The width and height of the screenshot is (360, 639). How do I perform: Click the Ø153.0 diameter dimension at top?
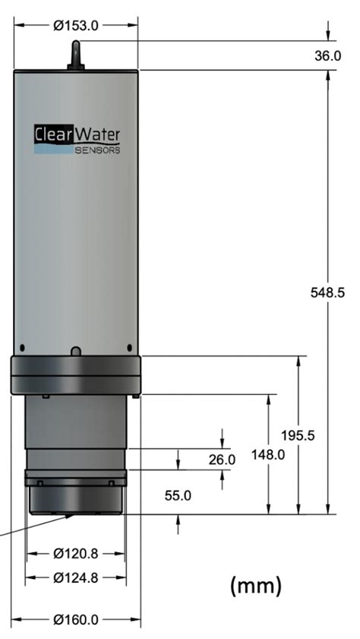[x=75, y=25]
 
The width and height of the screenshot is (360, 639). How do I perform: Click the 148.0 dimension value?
[x=268, y=455]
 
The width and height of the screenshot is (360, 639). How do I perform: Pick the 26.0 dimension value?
[x=222, y=460]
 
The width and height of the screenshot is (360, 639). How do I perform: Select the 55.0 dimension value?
[x=178, y=495]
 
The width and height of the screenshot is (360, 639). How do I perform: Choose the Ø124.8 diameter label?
[x=75, y=577]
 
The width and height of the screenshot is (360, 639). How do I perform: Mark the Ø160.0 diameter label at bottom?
[x=75, y=619]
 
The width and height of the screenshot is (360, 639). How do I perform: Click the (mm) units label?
[x=255, y=585]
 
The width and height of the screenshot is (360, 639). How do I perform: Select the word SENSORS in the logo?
[x=96, y=150]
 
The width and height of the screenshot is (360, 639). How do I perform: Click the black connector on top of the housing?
[x=75, y=55]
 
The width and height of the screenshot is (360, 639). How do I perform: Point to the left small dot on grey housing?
[x=23, y=347]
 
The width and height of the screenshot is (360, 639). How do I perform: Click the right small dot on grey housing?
[x=128, y=347]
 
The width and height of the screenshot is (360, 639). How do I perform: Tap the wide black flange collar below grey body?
[x=75, y=375]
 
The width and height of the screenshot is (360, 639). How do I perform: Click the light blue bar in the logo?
[x=53, y=150]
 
